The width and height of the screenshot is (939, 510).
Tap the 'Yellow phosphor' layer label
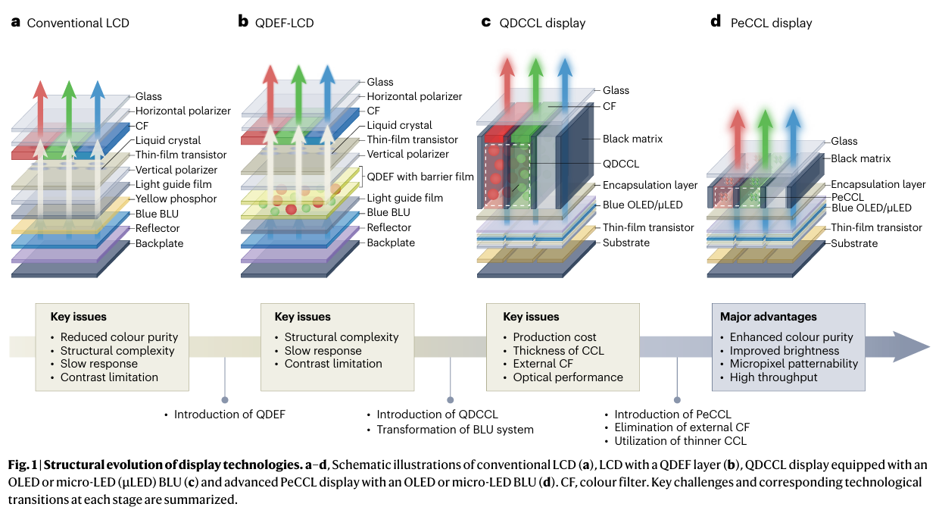[x=176, y=199]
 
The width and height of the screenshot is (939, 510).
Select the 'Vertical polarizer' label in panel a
[x=176, y=170]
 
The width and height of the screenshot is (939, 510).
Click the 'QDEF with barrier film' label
[x=420, y=177]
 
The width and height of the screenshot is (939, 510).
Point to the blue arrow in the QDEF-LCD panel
[x=326, y=87]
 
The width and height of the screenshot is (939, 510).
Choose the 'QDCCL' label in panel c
[x=621, y=163]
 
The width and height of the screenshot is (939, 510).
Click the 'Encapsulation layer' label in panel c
[x=650, y=185]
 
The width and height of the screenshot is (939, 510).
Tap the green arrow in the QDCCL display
[x=536, y=76]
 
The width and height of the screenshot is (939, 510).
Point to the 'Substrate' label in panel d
[x=854, y=243]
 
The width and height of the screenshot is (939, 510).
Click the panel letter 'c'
[x=486, y=21]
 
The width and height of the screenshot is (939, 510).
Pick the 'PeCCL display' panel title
[x=771, y=23]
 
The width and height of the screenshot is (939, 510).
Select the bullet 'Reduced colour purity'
[x=119, y=337]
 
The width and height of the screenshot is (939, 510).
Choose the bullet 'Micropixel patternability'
[x=794, y=364]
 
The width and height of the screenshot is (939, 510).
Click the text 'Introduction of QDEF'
[x=229, y=415]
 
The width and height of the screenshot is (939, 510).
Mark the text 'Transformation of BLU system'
[x=455, y=430]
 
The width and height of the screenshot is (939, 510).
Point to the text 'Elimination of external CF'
[x=682, y=428]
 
